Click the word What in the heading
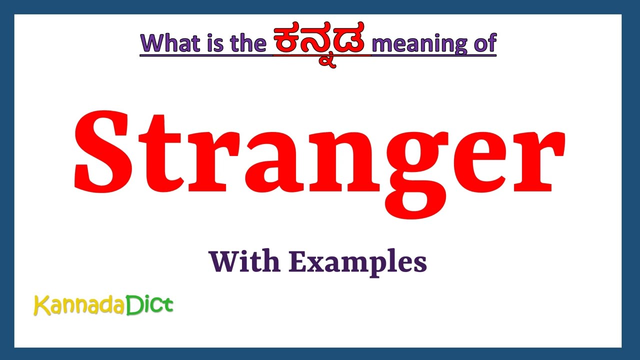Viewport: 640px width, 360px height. [170, 43]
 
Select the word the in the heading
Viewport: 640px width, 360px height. [247, 43]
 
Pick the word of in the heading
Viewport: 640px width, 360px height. [483, 43]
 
